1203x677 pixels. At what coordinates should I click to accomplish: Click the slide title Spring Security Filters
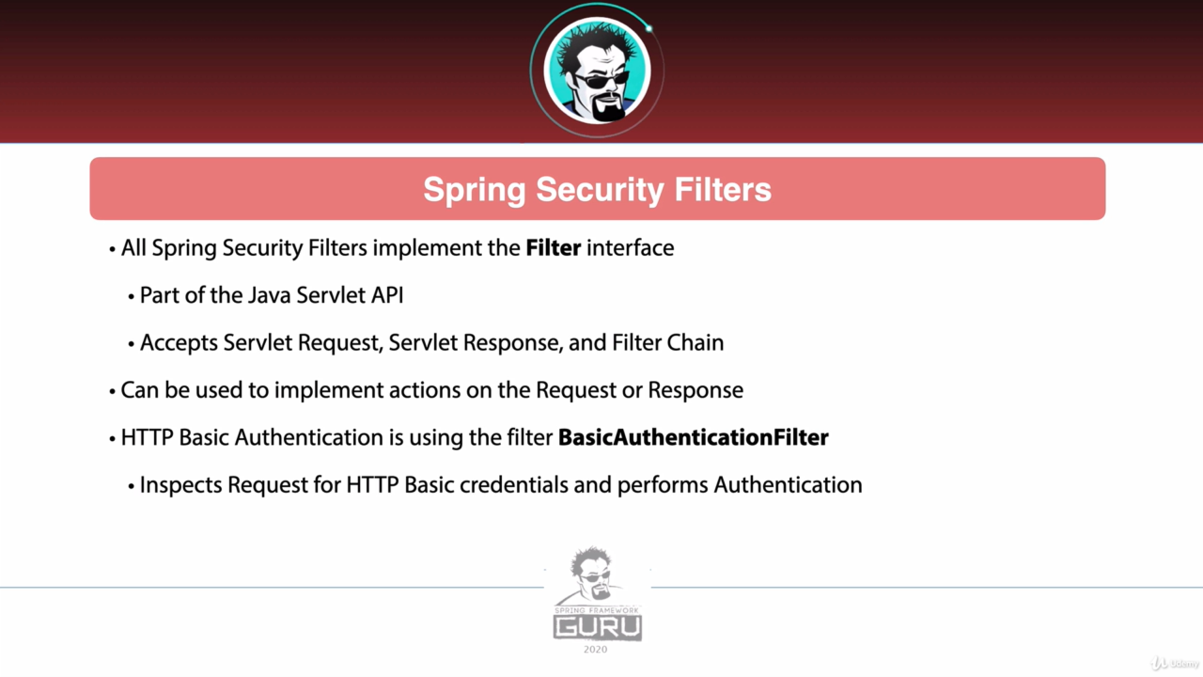pyautogui.click(x=597, y=190)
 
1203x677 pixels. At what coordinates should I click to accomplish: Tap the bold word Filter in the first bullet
pyautogui.click(x=554, y=248)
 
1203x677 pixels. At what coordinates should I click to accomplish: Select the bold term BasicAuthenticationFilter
pyautogui.click(x=694, y=437)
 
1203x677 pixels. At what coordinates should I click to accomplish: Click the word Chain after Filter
pyautogui.click(x=695, y=343)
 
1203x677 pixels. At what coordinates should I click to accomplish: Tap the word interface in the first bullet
pyautogui.click(x=630, y=248)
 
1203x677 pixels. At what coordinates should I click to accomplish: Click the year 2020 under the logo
pyautogui.click(x=595, y=650)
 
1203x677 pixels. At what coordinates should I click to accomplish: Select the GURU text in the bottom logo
pyautogui.click(x=597, y=627)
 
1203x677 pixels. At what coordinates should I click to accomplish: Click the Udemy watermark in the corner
pyautogui.click(x=1175, y=664)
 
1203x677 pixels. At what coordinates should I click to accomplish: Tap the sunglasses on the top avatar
pyautogui.click(x=601, y=81)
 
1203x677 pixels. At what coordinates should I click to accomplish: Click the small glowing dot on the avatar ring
pyautogui.click(x=648, y=28)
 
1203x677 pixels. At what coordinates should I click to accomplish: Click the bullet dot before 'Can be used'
pyautogui.click(x=112, y=391)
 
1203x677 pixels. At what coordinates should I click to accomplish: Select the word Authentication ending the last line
pyautogui.click(x=788, y=484)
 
